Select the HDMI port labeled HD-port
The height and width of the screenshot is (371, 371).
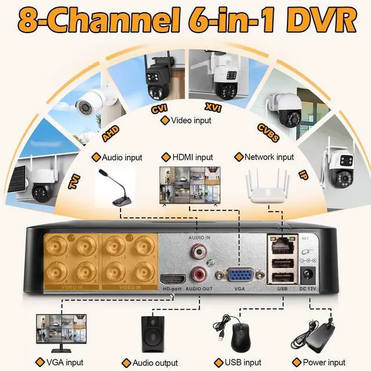point(172,279)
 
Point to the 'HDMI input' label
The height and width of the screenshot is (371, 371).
point(192,157)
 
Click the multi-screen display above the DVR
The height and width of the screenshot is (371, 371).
point(191,185)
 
